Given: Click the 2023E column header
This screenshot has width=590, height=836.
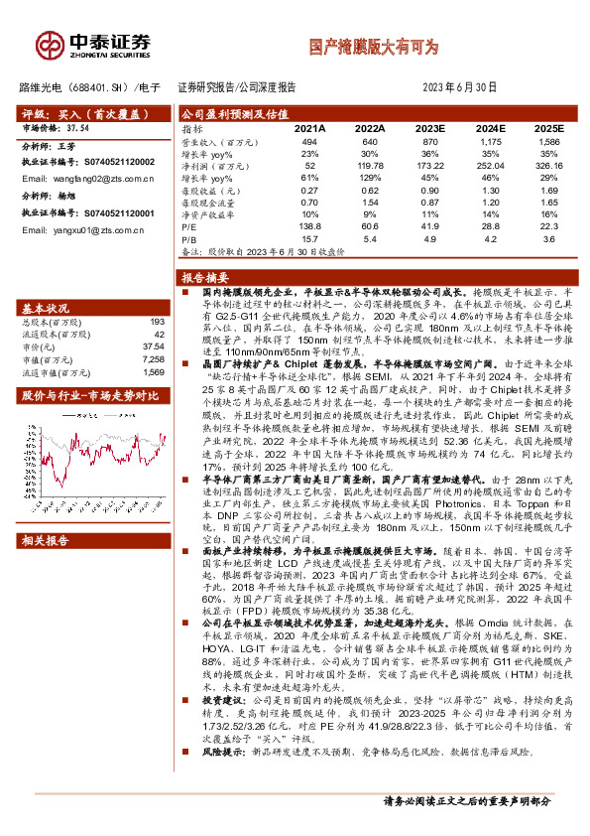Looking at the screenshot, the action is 429,129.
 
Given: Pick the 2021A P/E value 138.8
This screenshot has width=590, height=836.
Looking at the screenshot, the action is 309,227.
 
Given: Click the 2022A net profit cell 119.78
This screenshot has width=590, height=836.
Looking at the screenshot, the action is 369,165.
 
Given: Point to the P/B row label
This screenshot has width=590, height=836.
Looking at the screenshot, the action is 189,238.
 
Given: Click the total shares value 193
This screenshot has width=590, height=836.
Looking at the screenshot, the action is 156,323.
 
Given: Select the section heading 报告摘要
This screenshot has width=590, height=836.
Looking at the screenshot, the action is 205,277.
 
